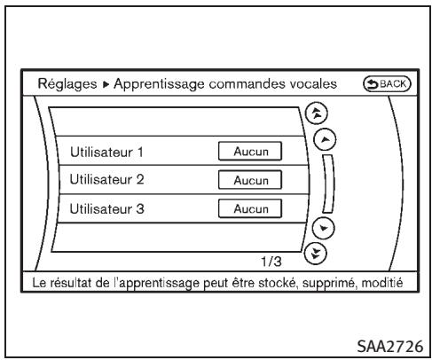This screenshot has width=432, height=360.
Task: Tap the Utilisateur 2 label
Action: (101, 180)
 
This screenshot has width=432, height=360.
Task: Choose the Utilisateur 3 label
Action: (101, 208)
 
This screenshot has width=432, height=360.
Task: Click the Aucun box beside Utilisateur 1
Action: (249, 151)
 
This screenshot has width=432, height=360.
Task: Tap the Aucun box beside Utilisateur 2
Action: (249, 180)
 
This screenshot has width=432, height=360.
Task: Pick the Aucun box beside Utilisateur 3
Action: (249, 208)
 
